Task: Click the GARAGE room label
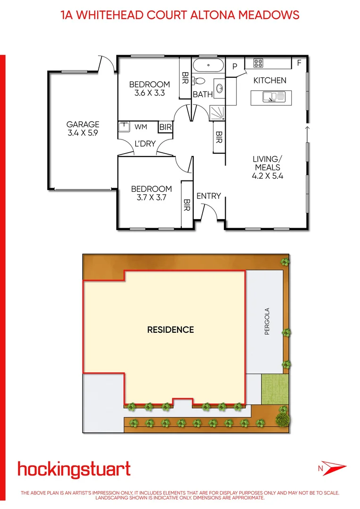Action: click(82, 124)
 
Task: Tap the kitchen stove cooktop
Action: click(258, 63)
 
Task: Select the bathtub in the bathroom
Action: click(208, 66)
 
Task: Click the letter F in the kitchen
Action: click(299, 63)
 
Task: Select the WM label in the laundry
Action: click(140, 127)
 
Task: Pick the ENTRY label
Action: click(208, 196)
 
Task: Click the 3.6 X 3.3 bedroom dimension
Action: click(149, 93)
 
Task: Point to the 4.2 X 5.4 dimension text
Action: click(267, 176)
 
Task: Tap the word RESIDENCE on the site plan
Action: click(170, 329)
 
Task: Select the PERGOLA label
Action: click(267, 321)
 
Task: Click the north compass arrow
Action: click(332, 468)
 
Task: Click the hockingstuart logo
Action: click(74, 469)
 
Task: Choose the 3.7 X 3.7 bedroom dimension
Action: click(151, 198)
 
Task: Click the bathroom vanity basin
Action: click(220, 87)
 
